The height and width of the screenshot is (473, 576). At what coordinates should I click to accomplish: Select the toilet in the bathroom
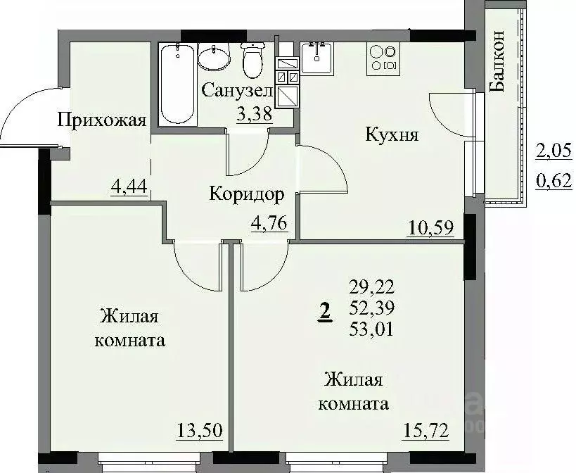[251, 60]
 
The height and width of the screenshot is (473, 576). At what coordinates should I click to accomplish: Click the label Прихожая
[101, 120]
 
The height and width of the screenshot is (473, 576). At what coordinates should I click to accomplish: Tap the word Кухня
[392, 134]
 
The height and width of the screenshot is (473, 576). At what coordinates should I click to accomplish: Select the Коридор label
[246, 194]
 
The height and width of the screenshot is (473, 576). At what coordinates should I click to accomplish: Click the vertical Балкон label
[497, 62]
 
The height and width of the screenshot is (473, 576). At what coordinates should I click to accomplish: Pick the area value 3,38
[255, 115]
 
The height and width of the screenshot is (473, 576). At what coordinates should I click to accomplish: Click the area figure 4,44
[128, 187]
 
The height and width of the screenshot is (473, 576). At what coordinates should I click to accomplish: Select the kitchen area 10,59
[430, 227]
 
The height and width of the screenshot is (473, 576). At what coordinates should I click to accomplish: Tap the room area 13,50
[195, 429]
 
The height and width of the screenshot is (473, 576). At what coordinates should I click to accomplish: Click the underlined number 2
[325, 310]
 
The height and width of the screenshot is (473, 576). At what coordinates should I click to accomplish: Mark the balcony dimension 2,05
[553, 150]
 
